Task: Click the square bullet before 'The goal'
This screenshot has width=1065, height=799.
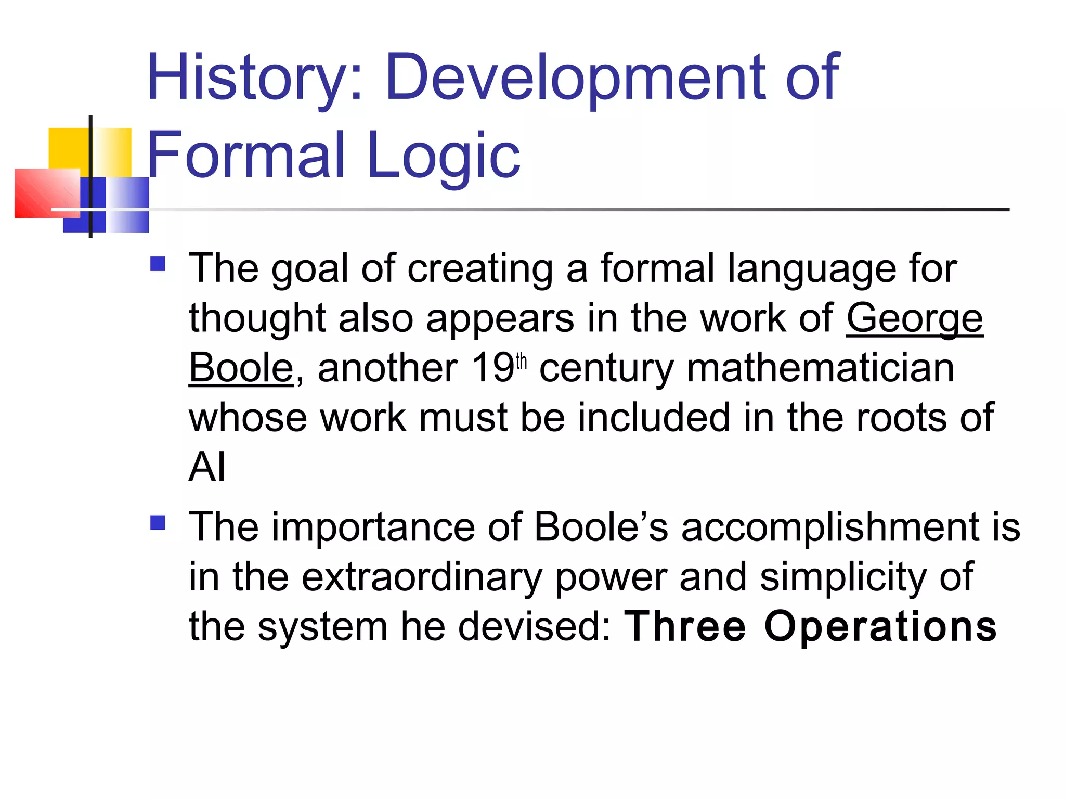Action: click(158, 264)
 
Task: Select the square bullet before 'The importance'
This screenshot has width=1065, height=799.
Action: click(158, 522)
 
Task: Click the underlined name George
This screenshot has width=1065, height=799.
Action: click(914, 318)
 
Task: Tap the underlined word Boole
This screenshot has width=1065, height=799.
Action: click(241, 368)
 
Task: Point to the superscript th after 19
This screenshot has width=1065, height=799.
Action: click(522, 361)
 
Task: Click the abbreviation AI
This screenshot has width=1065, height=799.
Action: click(207, 467)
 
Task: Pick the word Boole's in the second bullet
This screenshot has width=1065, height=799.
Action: click(601, 527)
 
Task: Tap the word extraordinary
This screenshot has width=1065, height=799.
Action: click(422, 577)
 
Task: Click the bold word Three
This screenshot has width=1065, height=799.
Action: click(685, 626)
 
